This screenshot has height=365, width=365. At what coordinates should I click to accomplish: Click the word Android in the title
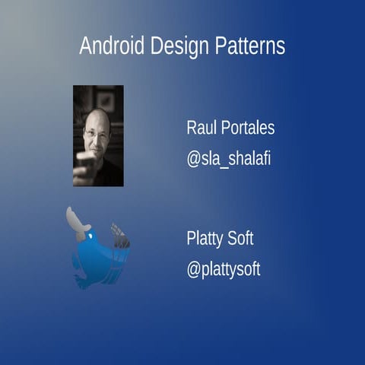[x=111, y=46]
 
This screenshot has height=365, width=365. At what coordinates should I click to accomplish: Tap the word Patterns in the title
[x=250, y=46]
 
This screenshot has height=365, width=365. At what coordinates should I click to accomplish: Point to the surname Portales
[x=247, y=128]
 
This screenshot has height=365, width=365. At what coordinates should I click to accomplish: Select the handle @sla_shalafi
[x=229, y=160]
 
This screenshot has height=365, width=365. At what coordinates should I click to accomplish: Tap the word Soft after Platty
[x=241, y=238]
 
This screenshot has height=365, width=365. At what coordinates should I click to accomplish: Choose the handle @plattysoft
[x=224, y=270]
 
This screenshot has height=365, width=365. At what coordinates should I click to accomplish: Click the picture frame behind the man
[x=106, y=99]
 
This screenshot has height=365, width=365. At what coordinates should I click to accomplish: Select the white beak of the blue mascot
[x=77, y=221]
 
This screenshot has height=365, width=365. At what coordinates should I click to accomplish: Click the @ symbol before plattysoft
[x=193, y=270]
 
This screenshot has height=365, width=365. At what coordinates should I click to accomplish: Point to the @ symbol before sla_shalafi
[x=193, y=160]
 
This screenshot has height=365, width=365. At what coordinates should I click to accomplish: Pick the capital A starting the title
[x=85, y=46]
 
